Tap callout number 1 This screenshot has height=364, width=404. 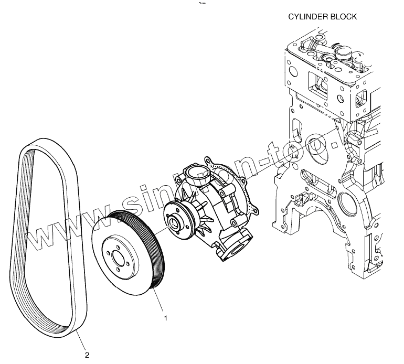click(166, 318)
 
